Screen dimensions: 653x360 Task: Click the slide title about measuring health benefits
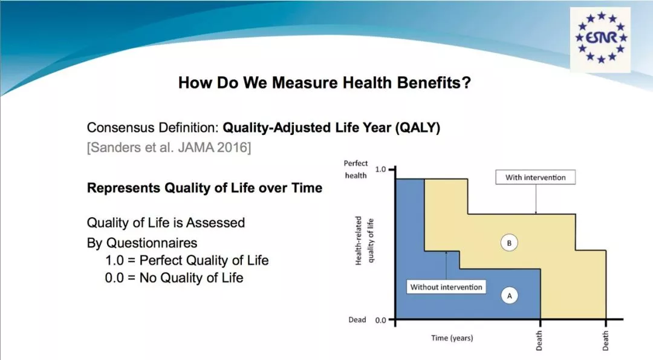pos(325,82)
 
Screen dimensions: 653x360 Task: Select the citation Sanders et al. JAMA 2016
pos(169,148)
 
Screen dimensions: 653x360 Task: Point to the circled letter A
pos(509,296)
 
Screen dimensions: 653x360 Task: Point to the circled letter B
pos(509,243)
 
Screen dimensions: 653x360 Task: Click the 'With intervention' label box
pos(536,177)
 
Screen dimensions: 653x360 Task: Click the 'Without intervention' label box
pos(446,287)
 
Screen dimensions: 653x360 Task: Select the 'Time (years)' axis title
pos(452,338)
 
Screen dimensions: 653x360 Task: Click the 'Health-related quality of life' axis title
pos(364,240)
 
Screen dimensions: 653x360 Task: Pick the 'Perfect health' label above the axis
pos(356,169)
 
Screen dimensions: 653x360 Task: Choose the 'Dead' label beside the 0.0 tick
pos(357,319)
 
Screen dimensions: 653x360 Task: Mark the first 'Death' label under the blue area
pos(539,341)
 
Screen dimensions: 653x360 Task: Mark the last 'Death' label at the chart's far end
pos(605,341)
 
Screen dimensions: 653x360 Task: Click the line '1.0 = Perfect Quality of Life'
pos(187,260)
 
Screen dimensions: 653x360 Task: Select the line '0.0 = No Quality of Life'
pos(174,278)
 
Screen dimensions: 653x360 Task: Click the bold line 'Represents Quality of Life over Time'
pos(204,188)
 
